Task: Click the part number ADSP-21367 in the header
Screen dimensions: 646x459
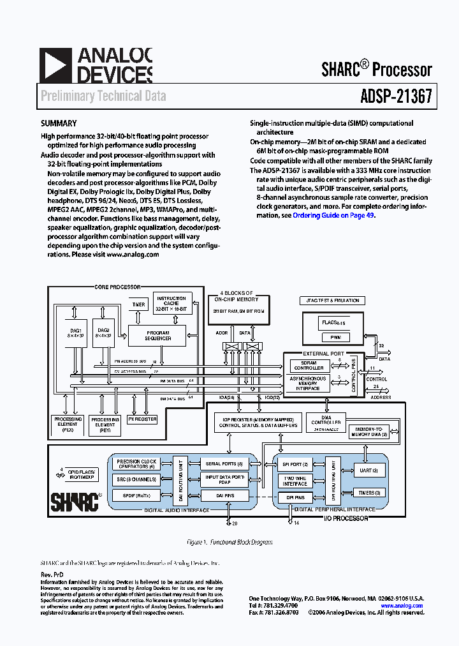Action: pyautogui.click(x=391, y=96)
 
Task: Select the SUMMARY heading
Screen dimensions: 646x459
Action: pyautogui.click(x=59, y=124)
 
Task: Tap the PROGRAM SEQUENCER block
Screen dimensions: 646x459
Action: pyautogui.click(x=158, y=335)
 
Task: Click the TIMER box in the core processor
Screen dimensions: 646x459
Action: pyautogui.click(x=138, y=305)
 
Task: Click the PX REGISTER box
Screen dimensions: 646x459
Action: pyautogui.click(x=142, y=419)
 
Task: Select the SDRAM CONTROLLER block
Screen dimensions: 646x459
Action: pyautogui.click(x=309, y=365)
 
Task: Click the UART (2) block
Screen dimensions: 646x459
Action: pyautogui.click(x=369, y=470)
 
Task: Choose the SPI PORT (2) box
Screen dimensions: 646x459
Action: pyautogui.click(x=296, y=464)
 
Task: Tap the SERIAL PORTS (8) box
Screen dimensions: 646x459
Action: pyautogui.click(x=221, y=464)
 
